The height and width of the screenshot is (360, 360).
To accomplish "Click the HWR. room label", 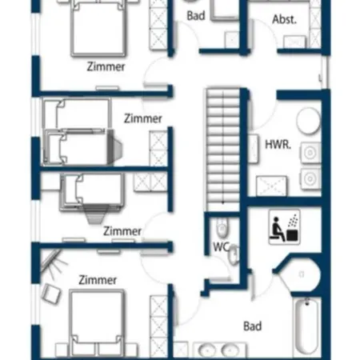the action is click(278, 145).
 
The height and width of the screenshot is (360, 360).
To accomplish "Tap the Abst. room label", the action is click(284, 19).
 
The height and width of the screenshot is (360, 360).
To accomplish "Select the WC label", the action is click(221, 247).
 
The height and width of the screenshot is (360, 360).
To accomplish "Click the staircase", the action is click(223, 150).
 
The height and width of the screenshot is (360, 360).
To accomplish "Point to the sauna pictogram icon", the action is click(285, 227).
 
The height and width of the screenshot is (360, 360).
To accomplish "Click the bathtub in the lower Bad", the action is click(307, 326).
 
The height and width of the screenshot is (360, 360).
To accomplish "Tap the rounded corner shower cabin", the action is click(300, 274).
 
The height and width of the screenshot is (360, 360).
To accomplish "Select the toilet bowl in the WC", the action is click(222, 228).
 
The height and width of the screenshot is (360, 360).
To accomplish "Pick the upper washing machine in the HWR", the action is click(310, 153).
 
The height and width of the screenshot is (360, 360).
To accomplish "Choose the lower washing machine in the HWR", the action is click(310, 178).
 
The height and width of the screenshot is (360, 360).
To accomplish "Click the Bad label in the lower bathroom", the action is click(252, 326).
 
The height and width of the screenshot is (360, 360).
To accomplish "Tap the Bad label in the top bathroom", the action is click(196, 16).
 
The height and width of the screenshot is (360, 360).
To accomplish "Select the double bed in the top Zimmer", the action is click(98, 28).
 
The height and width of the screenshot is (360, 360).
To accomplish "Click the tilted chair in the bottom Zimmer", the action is click(51, 293).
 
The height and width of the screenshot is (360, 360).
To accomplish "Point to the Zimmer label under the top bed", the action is click(106, 66).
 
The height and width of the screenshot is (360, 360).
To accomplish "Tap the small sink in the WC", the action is click(234, 254).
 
